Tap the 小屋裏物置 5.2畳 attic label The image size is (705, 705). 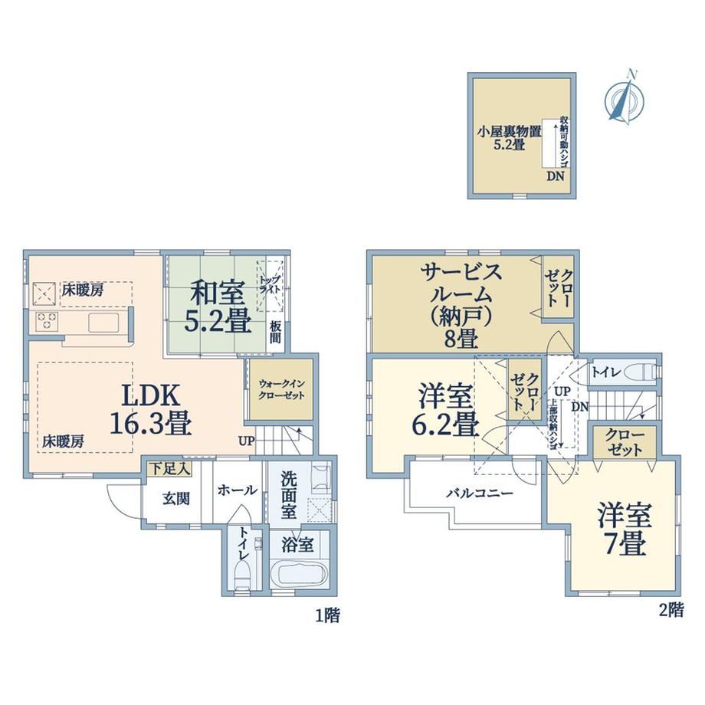510,138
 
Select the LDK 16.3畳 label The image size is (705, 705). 151,410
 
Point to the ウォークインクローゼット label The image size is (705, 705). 282,389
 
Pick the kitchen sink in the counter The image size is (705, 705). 104,323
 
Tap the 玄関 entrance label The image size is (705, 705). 175,499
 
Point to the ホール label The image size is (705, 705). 237,490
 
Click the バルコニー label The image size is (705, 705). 479,493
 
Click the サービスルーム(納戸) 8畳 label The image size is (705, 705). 460,306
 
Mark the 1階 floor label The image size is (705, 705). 327,615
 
